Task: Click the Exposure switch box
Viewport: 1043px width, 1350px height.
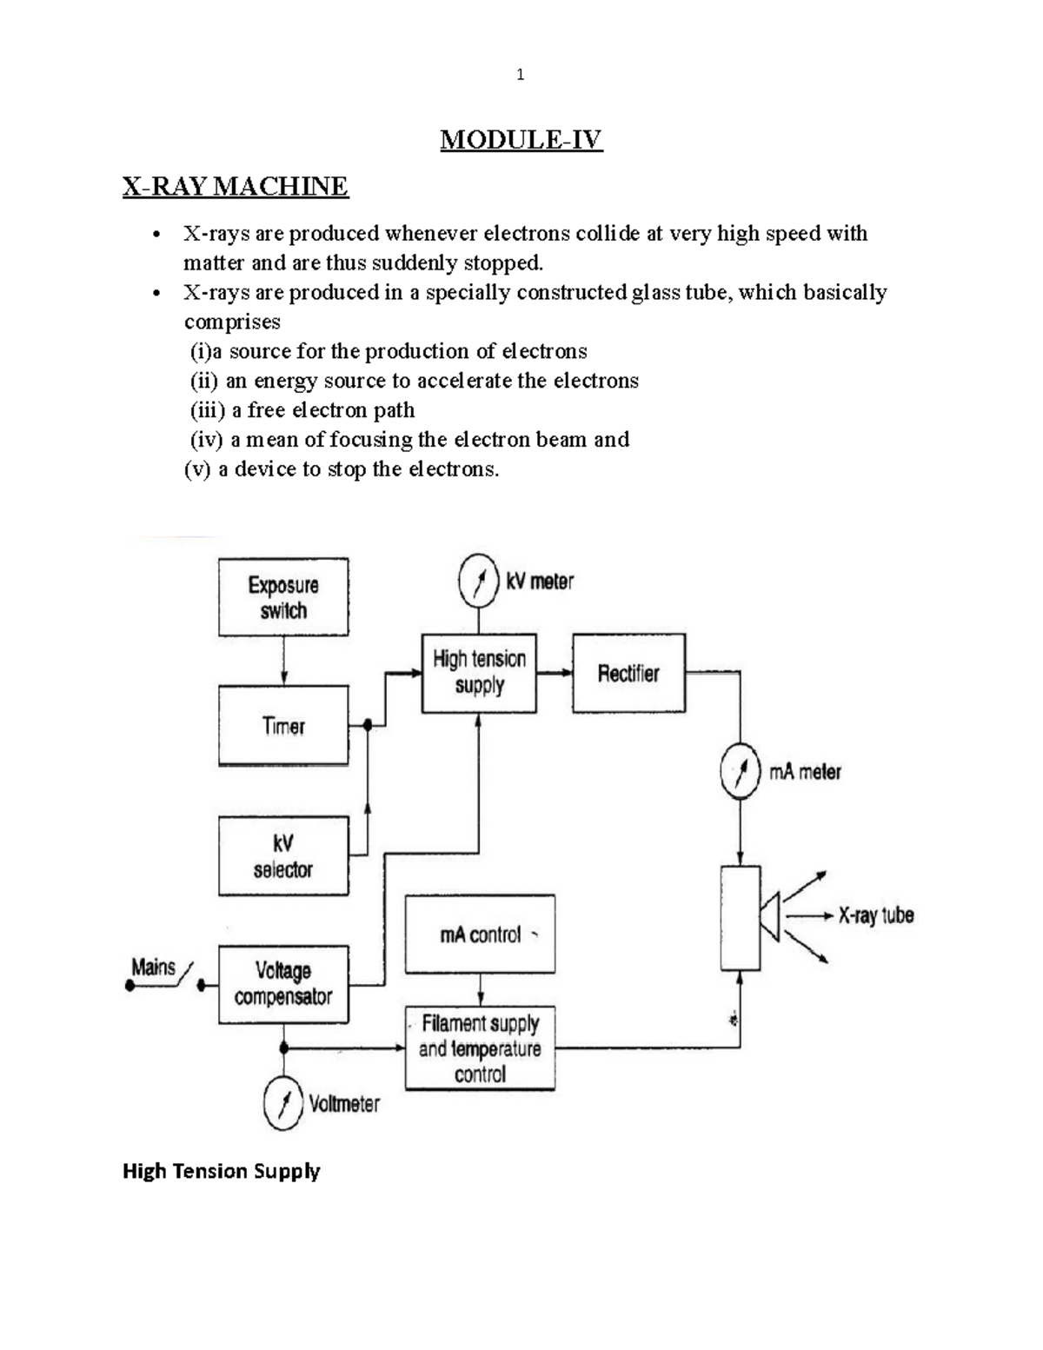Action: pyautogui.click(x=283, y=597)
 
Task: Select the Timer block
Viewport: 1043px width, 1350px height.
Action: pyautogui.click(x=283, y=726)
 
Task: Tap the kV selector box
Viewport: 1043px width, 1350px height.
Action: pyautogui.click(x=283, y=856)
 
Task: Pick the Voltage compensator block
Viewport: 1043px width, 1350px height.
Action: pyautogui.click(x=283, y=984)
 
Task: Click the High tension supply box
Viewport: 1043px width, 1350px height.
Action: pyautogui.click(x=479, y=672)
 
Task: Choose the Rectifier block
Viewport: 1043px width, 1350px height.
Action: pyautogui.click(x=628, y=674)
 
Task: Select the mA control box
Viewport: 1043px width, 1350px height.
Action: pyautogui.click(x=480, y=934)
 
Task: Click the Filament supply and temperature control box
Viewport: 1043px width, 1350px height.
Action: pyautogui.click(x=480, y=1048)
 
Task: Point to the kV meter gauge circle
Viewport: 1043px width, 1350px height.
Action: pyautogui.click(x=479, y=582)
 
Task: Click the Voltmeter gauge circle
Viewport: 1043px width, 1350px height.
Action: pyautogui.click(x=283, y=1103)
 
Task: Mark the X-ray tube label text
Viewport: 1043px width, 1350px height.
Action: pyautogui.click(x=875, y=915)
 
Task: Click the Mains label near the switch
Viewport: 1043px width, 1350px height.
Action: pyautogui.click(x=153, y=968)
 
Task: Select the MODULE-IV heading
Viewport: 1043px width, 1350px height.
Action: pyautogui.click(x=521, y=139)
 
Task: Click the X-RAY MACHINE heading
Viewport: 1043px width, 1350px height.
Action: pyautogui.click(x=236, y=186)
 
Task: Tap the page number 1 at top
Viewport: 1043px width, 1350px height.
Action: pyautogui.click(x=520, y=75)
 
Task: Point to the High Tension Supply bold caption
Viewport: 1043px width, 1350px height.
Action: pyautogui.click(x=222, y=1171)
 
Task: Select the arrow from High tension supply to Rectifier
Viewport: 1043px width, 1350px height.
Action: pyautogui.click(x=555, y=672)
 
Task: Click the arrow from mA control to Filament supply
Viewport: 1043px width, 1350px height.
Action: pyautogui.click(x=480, y=989)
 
